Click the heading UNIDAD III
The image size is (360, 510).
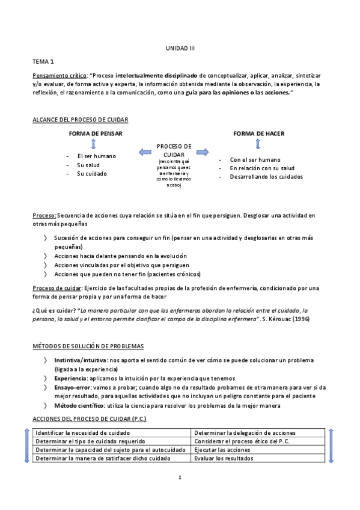180,48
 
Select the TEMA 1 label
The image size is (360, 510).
43,61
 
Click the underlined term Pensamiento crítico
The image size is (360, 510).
59,76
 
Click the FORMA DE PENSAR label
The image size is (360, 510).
93,134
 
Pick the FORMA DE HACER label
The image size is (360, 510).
258,134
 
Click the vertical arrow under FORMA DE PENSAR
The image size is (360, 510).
93,144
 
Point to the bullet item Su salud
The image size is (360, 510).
88,165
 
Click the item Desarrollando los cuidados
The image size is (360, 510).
266,177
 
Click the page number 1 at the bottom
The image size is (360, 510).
180,478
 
